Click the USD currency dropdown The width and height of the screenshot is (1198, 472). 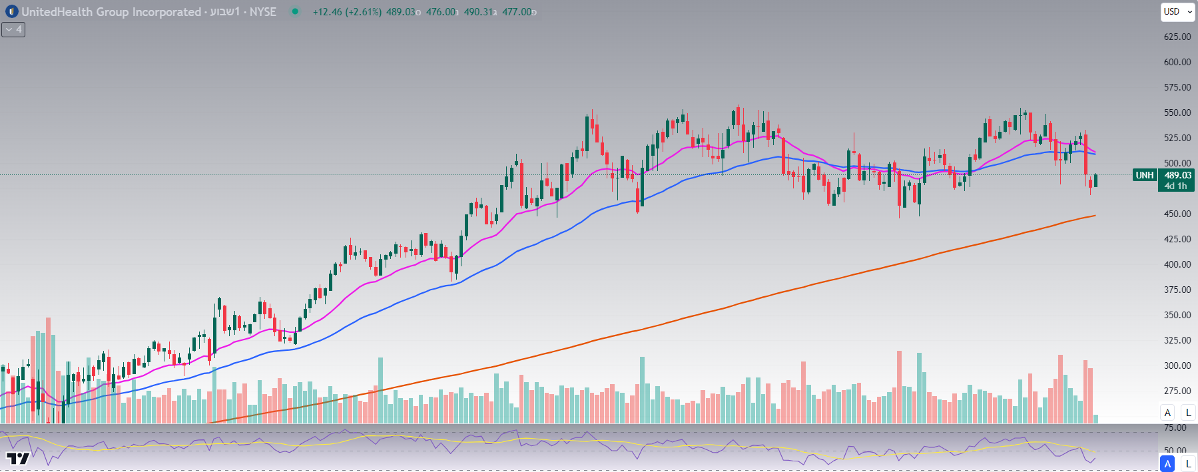coord(1177,11)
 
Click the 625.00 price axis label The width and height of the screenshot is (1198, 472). coord(1177,37)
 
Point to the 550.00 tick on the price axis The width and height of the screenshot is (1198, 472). coord(1177,113)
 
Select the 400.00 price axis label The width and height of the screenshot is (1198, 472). coord(1177,264)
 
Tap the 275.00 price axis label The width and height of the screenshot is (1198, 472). coord(1177,391)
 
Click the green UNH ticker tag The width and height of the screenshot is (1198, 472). coord(1144,175)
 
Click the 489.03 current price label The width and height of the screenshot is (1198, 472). coord(1177,175)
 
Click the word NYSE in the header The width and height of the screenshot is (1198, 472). coord(262,12)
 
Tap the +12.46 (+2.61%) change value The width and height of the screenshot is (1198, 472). coord(347,12)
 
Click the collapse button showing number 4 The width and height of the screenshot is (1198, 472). coord(13,29)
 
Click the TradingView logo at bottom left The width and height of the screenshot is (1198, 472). coord(18,458)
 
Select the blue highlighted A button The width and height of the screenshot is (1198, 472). coord(1167,463)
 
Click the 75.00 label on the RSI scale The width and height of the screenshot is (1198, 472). coord(1175,428)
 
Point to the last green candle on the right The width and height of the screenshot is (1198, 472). coord(1095,180)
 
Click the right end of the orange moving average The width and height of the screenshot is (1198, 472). coord(1094,216)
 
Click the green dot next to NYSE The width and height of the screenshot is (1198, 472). coord(295,11)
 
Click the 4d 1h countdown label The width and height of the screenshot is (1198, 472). coord(1175,186)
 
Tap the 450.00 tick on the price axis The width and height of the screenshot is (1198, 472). coord(1177,214)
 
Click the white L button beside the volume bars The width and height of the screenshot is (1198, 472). coord(1188,413)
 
